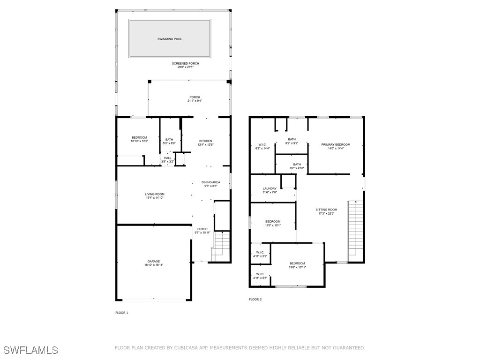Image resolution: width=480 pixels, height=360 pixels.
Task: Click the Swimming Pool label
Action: tap(170, 39)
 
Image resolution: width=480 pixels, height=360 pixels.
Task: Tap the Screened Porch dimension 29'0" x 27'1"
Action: tap(186, 67)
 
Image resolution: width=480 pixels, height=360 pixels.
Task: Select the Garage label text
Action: tap(154, 262)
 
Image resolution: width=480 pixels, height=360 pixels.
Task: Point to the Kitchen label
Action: tap(205, 141)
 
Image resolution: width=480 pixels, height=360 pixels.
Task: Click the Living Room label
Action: tap(155, 194)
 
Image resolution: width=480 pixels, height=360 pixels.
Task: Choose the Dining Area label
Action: tap(211, 182)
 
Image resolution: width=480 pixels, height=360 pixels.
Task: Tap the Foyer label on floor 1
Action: tap(202, 229)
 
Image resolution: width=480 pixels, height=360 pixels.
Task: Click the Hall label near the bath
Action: tap(168, 158)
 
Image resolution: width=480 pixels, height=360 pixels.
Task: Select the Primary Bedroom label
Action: tap(336, 144)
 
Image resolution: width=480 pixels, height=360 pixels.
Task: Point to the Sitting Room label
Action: tap(326, 210)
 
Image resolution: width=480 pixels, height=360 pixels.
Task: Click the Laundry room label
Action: tap(270, 188)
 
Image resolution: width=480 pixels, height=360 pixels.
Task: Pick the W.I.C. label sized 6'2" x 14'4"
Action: tap(262, 144)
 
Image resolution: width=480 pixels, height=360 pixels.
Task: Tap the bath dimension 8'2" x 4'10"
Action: tap(297, 168)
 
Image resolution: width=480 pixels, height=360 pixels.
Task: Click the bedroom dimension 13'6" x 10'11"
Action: tap(298, 267)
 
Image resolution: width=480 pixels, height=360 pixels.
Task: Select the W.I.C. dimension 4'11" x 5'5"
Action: tap(260, 278)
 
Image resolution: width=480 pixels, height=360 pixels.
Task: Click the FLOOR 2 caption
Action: tap(255, 300)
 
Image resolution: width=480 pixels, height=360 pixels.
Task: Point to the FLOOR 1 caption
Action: tap(121, 313)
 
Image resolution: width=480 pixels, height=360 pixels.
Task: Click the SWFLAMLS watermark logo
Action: tap(31, 350)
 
